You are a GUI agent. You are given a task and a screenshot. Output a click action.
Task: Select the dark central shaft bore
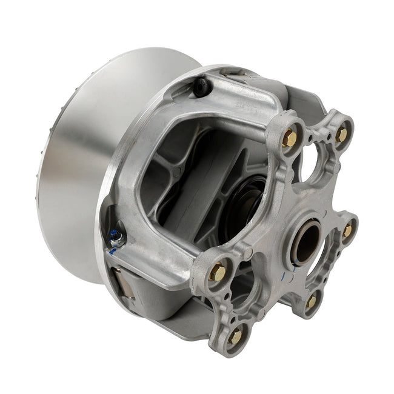pyautogui.click(x=306, y=241)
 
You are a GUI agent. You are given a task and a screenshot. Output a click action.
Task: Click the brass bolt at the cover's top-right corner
pyautogui.click(x=341, y=135)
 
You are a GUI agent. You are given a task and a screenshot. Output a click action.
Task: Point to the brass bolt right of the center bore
pyautogui.click(x=347, y=231)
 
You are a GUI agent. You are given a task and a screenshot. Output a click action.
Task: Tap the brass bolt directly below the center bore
pyautogui.click(x=311, y=301)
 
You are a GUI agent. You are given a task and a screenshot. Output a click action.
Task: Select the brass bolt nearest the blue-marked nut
pyautogui.click(x=218, y=273)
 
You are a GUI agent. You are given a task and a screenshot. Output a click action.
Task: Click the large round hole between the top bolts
pyautogui.click(x=316, y=164)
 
